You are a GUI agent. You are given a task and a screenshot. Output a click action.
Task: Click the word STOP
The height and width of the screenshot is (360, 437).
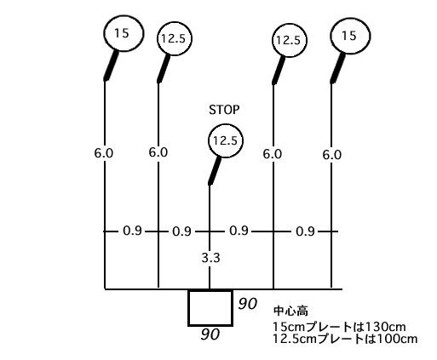pyautogui.click(x=224, y=110)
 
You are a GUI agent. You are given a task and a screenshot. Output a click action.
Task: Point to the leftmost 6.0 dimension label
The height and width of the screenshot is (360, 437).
pyautogui.click(x=104, y=153)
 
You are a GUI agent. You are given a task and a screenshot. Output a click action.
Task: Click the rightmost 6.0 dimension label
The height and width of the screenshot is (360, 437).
pyautogui.click(x=331, y=155)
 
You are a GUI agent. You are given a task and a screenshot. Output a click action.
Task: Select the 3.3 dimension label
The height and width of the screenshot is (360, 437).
pyautogui.click(x=210, y=258)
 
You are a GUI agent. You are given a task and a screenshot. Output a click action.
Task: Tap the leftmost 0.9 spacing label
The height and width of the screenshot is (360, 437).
pyautogui.click(x=132, y=231)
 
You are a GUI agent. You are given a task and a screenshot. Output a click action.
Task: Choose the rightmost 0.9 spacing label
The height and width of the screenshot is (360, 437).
pyautogui.click(x=305, y=231)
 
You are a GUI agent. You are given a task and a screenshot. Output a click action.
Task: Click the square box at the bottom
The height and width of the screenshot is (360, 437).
pyautogui.click(x=210, y=291)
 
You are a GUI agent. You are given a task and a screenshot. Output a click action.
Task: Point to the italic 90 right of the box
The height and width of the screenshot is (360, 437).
pyautogui.click(x=248, y=304)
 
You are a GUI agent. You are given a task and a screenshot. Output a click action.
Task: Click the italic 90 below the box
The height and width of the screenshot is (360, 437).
pyautogui.click(x=210, y=334)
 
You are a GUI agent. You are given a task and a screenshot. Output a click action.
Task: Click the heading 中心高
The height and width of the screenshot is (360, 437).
pyautogui.click(x=290, y=311)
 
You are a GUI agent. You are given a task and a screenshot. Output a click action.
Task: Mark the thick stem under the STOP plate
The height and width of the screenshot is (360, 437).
pyautogui.click(x=215, y=171)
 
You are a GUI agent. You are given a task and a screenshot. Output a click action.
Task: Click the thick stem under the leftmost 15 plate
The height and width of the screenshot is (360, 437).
pyautogui.click(x=111, y=66)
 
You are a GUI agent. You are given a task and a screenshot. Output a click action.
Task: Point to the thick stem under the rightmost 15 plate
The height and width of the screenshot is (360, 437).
pyautogui.click(x=338, y=67)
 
